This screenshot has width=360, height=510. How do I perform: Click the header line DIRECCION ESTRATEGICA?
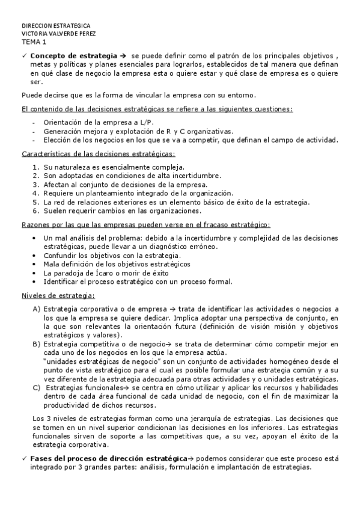[56, 26]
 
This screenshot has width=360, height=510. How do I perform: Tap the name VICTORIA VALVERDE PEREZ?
[58, 34]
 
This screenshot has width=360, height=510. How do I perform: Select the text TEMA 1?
[34, 43]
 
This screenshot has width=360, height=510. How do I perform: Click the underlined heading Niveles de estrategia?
[58, 295]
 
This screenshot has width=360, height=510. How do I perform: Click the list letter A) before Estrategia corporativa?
[37, 309]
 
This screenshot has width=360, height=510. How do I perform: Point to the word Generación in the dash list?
[63, 131]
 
